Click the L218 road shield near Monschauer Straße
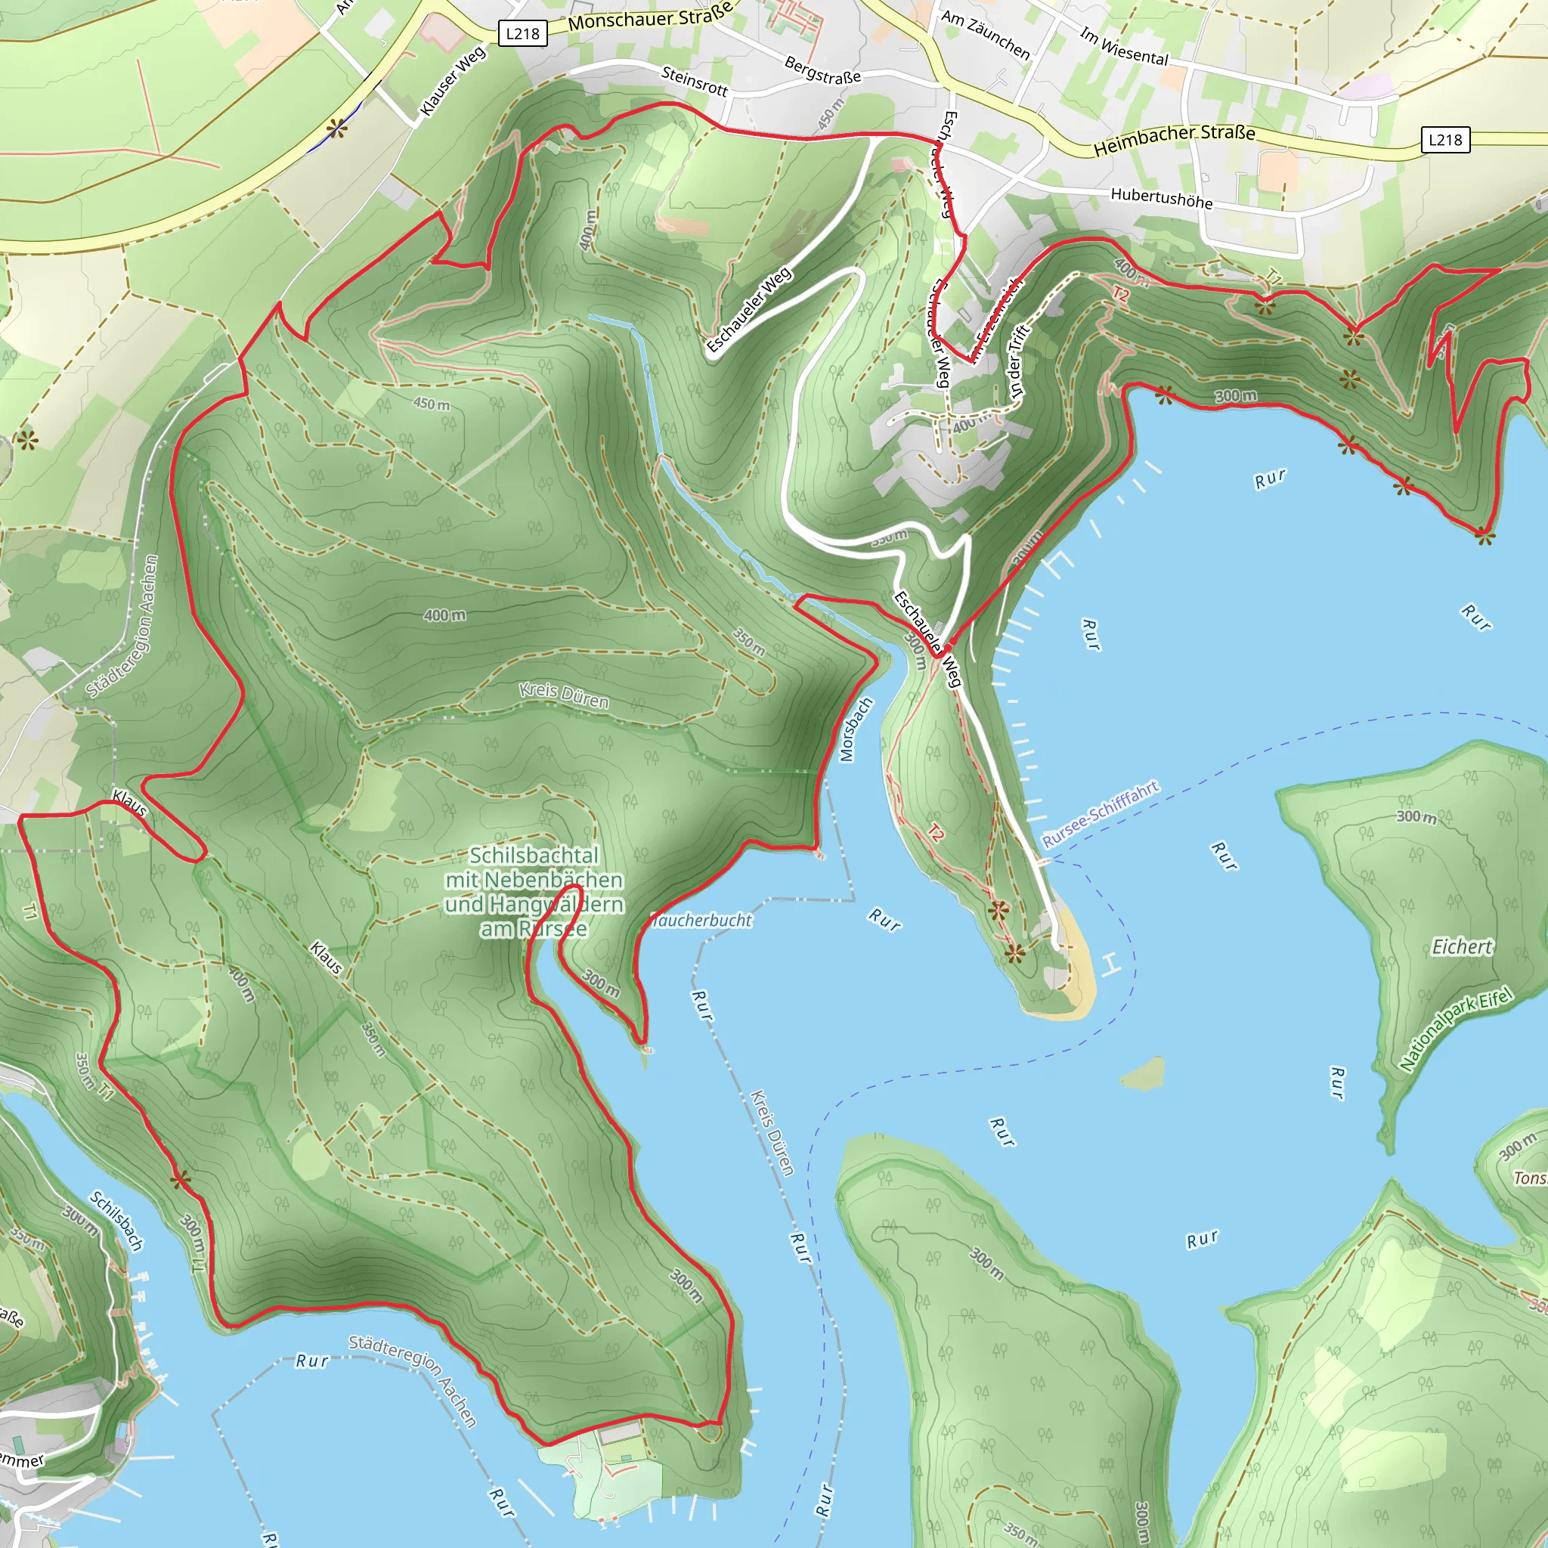522,34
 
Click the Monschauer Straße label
651,17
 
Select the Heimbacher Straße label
1174,141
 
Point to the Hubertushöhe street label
1161,198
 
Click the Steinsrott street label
694,81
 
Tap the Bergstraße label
822,70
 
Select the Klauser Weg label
453,80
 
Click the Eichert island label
1462,947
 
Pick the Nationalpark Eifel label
1456,1030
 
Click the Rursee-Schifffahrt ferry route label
1100,814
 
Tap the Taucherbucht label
702,921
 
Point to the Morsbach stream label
855,729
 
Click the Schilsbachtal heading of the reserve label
534,855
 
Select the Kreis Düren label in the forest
563,695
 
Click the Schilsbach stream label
116,1221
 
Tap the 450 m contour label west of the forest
431,404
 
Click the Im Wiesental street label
1123,46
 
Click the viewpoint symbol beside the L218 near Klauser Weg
337,128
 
